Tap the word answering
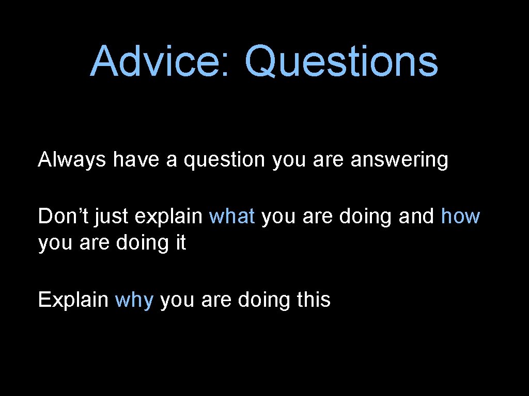[399, 161]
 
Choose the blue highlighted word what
[232, 217]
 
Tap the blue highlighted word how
[460, 217]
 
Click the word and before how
[416, 217]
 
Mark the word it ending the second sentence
[180, 242]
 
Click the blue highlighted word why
[134, 300]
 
